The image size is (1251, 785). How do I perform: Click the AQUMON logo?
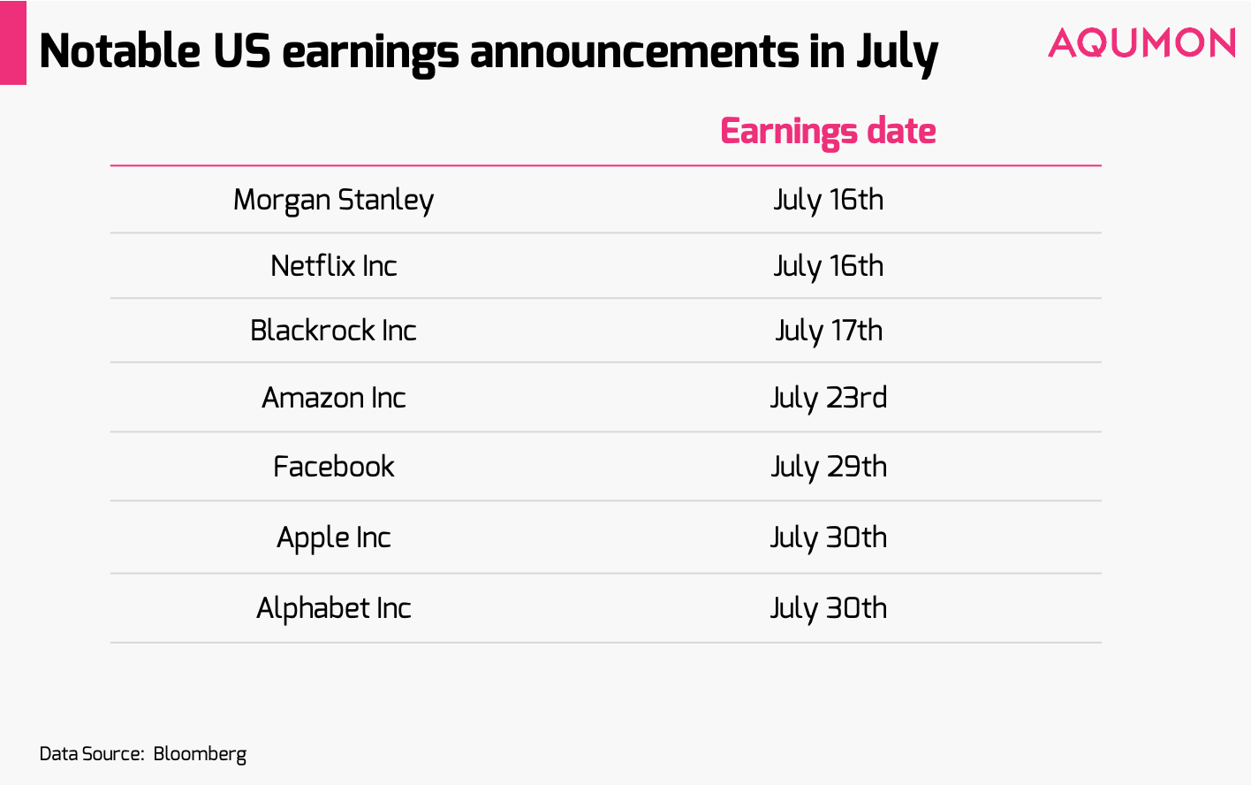point(1141,43)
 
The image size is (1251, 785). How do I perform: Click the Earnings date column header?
point(828,131)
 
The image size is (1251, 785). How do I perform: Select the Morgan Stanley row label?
point(333,200)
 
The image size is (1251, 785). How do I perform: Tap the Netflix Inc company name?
point(333,266)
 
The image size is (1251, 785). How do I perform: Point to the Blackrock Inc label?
point(333,331)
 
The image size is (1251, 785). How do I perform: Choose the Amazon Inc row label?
point(333,398)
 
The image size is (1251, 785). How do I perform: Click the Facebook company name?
point(333,467)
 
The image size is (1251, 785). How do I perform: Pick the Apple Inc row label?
point(333,537)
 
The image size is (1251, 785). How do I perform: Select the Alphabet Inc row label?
point(333,608)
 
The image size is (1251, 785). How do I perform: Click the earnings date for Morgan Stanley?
point(828,200)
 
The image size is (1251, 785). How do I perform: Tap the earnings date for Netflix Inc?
point(828,266)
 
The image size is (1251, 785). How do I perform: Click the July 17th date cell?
point(828,331)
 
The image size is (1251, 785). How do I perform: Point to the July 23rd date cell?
point(828,398)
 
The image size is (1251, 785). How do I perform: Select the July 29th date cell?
point(828,467)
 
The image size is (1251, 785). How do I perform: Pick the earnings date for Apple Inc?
point(828,537)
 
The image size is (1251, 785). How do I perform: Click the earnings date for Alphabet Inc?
point(828,608)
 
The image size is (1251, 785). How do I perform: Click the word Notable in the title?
point(120,50)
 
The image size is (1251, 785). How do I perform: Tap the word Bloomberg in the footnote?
point(200,754)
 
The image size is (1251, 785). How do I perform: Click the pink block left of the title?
point(12,42)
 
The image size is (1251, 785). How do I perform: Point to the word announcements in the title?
point(634,50)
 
